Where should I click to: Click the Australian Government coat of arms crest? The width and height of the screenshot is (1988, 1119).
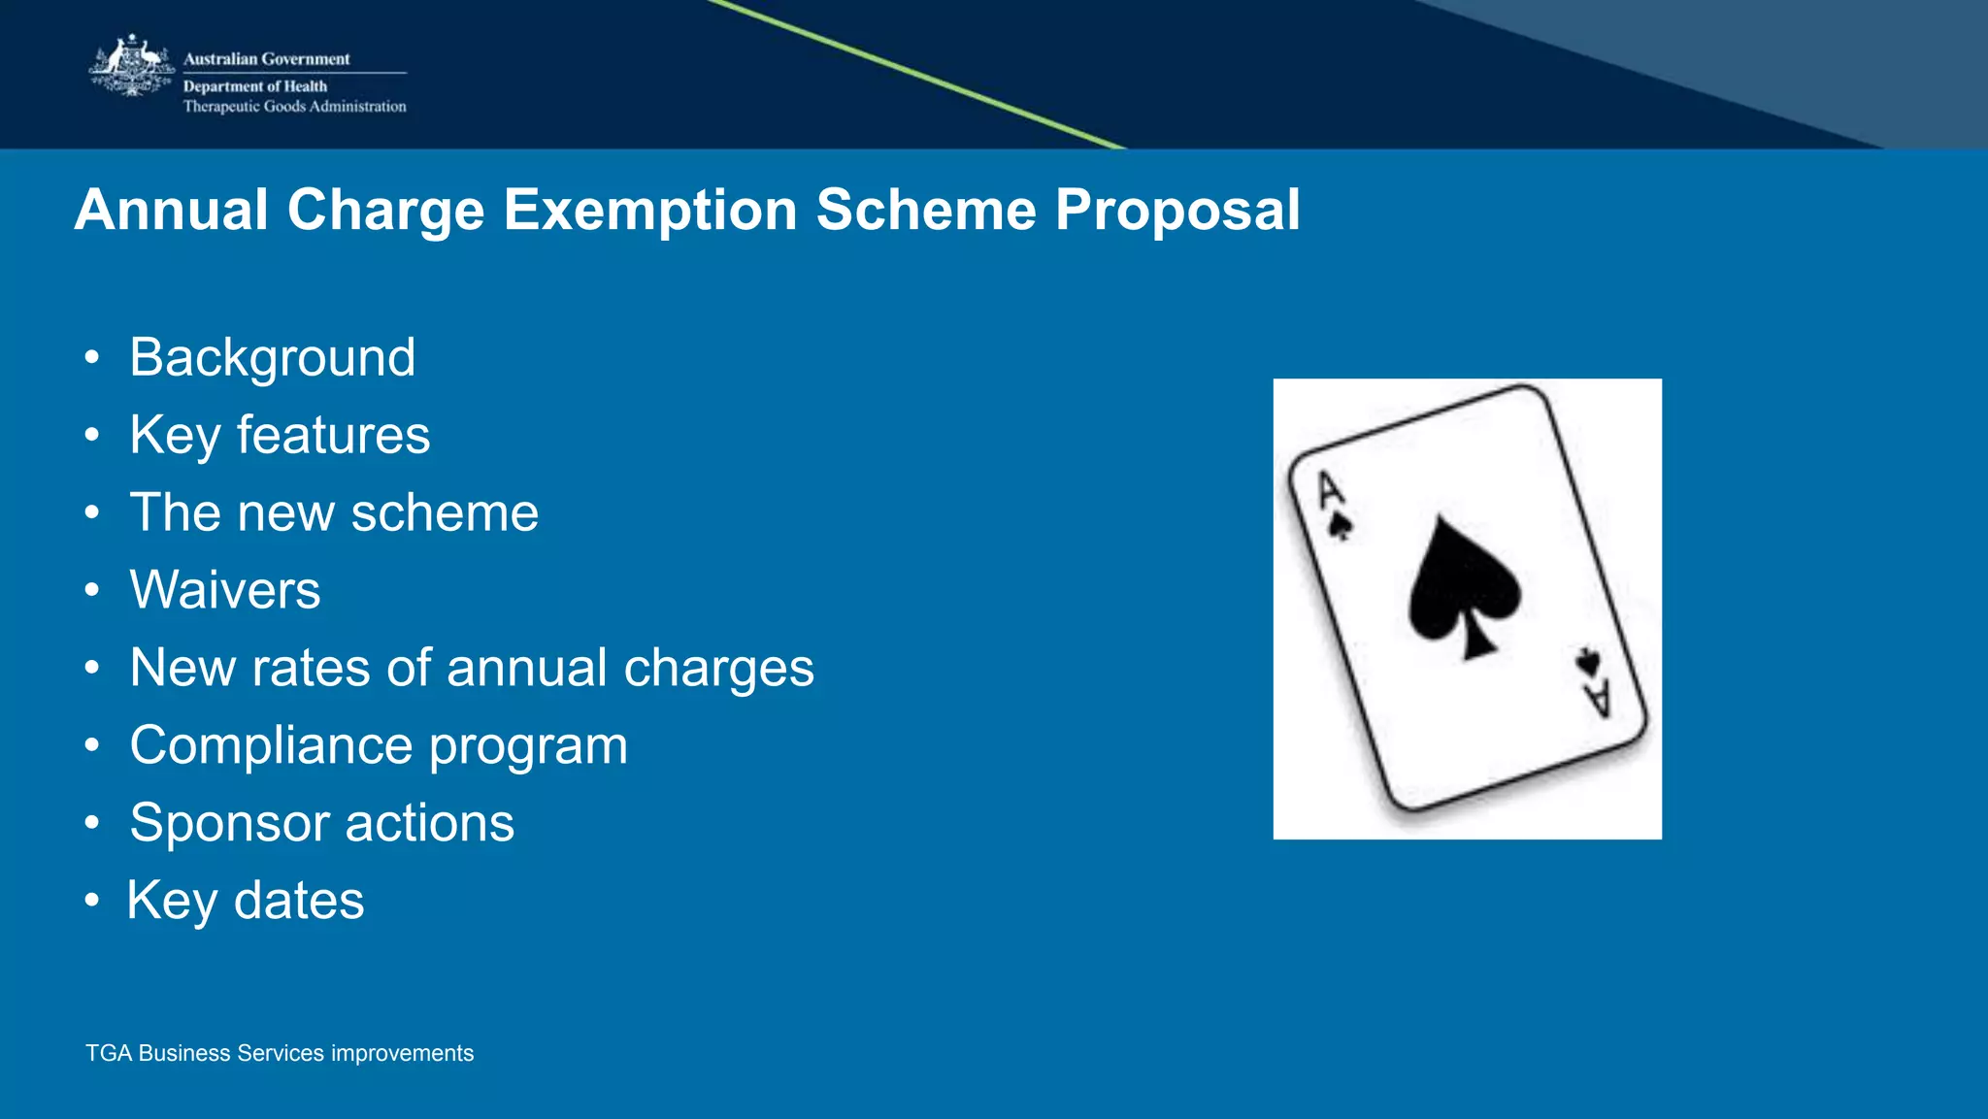click(x=132, y=66)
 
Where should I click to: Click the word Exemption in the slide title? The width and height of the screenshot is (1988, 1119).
click(x=649, y=210)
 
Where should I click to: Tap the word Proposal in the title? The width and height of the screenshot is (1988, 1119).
click(x=1176, y=210)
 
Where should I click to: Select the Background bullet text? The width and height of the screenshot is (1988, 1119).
click(x=273, y=358)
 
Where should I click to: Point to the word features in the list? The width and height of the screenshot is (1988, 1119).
click(x=333, y=435)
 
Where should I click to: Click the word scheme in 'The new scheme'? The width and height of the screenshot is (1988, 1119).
click(x=444, y=512)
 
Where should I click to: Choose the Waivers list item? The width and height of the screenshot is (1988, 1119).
click(x=225, y=590)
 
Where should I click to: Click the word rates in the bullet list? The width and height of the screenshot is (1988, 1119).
click(x=311, y=668)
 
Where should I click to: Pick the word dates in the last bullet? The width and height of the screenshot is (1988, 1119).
click(x=299, y=901)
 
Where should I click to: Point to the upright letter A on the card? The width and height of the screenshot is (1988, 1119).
click(x=1330, y=489)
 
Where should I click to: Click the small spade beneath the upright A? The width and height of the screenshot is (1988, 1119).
click(x=1341, y=527)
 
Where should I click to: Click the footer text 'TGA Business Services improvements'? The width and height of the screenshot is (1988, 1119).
click(x=280, y=1053)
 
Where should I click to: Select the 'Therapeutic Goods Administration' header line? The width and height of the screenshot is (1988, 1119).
click(x=294, y=107)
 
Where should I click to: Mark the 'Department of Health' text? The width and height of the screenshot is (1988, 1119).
click(x=255, y=86)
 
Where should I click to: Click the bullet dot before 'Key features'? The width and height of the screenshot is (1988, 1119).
click(x=91, y=435)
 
